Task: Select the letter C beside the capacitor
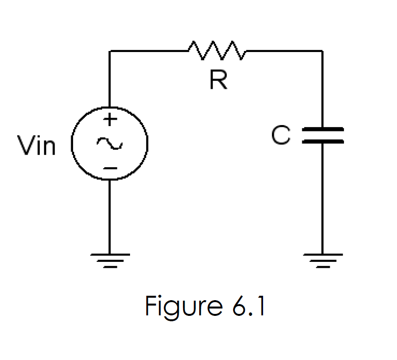pyautogui.click(x=281, y=136)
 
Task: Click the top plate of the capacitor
pyautogui.click(x=322, y=130)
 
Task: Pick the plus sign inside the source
pyautogui.click(x=110, y=119)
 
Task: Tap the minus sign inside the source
pyautogui.click(x=110, y=169)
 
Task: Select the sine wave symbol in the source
pyautogui.click(x=109, y=143)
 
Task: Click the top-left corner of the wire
pyautogui.click(x=110, y=51)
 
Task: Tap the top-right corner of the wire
pyautogui.click(x=322, y=51)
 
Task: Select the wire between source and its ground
pyautogui.click(x=110, y=216)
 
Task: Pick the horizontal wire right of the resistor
pyautogui.click(x=285, y=51)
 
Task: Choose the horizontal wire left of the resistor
pyautogui.click(x=147, y=51)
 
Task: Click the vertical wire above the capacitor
pyautogui.click(x=322, y=88)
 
